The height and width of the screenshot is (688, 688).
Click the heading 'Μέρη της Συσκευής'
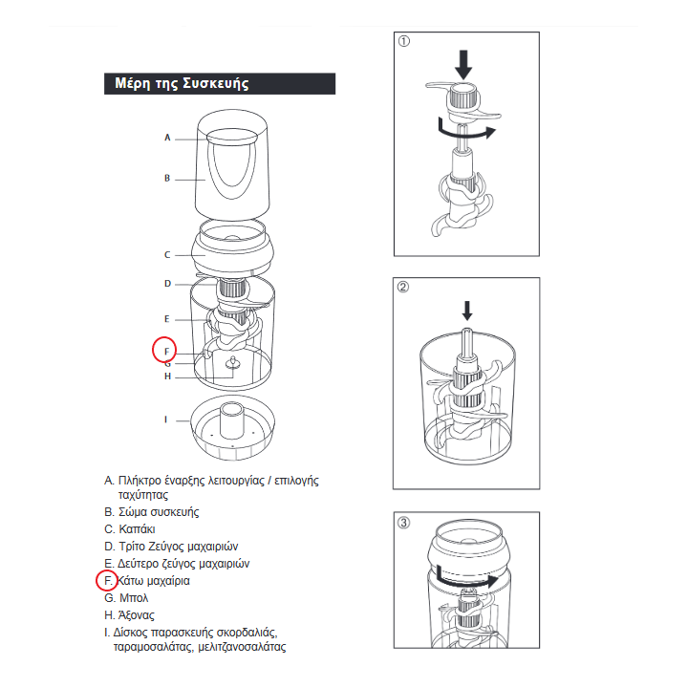182,83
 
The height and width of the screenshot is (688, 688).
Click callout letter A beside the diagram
167,138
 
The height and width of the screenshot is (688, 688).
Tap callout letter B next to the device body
167,178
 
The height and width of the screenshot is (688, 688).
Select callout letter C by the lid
167,254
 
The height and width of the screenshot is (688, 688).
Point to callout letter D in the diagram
167,284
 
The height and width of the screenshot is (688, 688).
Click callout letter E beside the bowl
166,319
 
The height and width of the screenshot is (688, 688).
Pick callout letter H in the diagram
167,376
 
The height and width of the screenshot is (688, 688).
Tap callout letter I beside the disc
166,419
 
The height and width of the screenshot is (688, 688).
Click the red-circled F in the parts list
108,581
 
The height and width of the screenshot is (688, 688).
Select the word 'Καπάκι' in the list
137,529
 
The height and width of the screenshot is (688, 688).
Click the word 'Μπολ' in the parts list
134,598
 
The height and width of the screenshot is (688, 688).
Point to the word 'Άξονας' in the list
137,615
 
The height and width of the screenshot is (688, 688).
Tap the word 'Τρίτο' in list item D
132,547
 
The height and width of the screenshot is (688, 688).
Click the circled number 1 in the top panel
403,41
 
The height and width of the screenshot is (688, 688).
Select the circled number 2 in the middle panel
403,287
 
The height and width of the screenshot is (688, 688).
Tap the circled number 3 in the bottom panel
403,523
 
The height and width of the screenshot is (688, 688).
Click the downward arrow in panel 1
463,65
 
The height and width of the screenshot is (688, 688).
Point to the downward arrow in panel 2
467,311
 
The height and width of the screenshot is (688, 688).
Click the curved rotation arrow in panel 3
465,579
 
